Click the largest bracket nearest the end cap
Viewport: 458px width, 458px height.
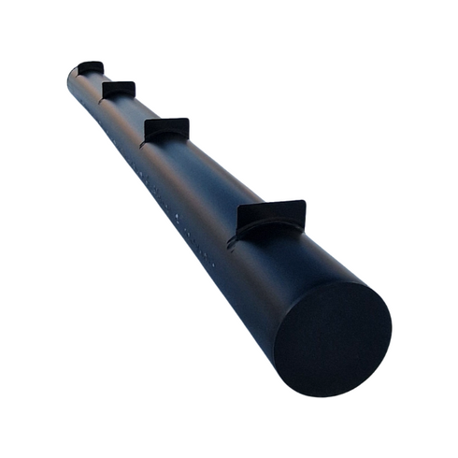point(271,217)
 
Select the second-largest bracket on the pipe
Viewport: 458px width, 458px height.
point(167,130)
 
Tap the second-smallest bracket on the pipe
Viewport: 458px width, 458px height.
point(119,90)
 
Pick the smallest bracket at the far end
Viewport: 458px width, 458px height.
point(91,67)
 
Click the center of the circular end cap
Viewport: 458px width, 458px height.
point(333,337)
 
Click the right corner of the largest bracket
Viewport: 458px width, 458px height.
point(304,203)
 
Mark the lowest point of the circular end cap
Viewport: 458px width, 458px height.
point(318,394)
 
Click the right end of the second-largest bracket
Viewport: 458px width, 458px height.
point(188,122)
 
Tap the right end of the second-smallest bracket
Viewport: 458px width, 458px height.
point(134,85)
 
